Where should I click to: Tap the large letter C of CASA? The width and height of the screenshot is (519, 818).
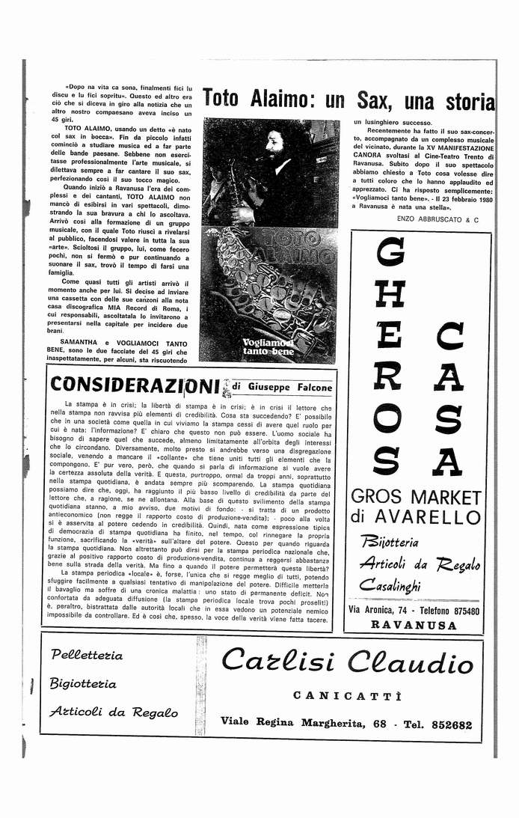pyautogui.click(x=448, y=337)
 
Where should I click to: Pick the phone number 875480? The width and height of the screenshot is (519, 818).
pyautogui.click(x=458, y=611)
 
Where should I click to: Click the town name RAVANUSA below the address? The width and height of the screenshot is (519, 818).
pyautogui.click(x=415, y=624)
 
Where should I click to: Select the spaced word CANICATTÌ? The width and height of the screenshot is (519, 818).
pyautogui.click(x=348, y=695)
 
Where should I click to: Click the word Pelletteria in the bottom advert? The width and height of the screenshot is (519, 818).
pyautogui.click(x=87, y=655)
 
